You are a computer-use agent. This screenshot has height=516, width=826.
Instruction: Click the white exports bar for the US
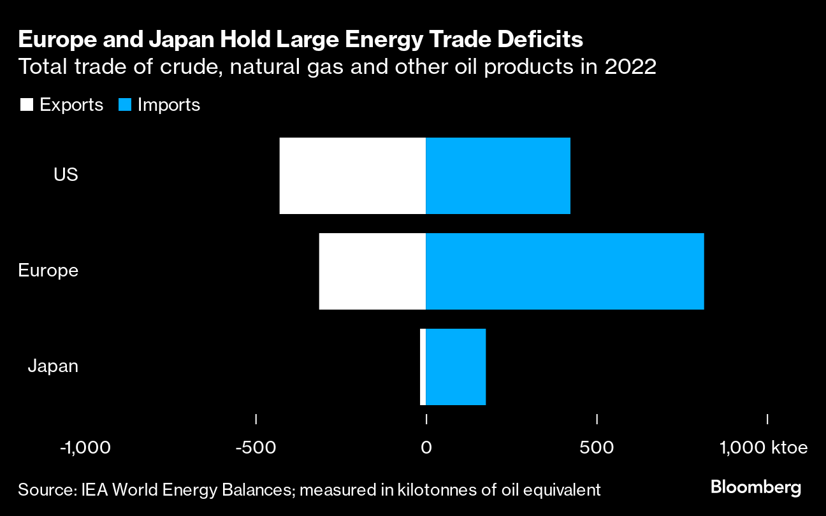click(x=352, y=176)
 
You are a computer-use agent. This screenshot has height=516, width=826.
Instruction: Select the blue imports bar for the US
click(x=498, y=176)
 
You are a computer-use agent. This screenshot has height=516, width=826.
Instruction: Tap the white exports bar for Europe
click(x=372, y=271)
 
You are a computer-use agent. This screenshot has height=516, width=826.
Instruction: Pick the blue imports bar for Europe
click(x=565, y=271)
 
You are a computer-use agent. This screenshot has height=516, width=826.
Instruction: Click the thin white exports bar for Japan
click(x=423, y=367)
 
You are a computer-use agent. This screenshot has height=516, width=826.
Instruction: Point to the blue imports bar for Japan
click(x=456, y=367)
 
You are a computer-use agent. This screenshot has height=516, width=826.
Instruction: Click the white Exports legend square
click(x=27, y=105)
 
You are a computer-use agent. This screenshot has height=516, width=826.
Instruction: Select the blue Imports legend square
click(x=125, y=105)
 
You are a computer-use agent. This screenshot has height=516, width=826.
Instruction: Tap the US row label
click(x=66, y=175)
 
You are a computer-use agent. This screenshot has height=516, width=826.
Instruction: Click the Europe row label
click(x=48, y=270)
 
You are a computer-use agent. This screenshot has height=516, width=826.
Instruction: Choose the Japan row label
click(x=53, y=366)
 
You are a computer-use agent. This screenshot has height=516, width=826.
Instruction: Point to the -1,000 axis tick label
click(x=85, y=448)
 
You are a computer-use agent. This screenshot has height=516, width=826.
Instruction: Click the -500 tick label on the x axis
click(x=256, y=448)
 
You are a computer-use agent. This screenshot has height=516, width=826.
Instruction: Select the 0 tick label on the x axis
click(x=426, y=448)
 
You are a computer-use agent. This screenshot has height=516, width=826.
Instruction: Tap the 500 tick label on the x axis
click(x=597, y=448)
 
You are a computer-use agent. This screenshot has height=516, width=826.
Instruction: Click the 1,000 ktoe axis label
click(x=764, y=448)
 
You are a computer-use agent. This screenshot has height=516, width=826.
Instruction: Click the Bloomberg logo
click(x=755, y=489)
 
